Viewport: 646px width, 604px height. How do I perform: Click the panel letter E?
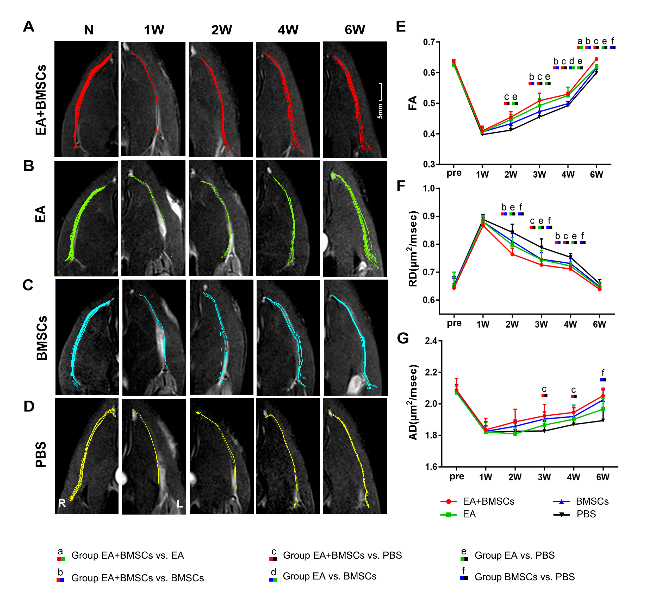coord(401,26)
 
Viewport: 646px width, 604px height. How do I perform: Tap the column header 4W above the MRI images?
coord(288,30)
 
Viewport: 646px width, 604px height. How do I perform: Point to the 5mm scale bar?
coord(381,92)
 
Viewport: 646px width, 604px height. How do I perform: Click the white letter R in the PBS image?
coord(62,503)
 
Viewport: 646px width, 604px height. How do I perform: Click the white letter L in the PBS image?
coord(179,504)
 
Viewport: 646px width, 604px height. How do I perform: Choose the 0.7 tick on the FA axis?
coord(429,42)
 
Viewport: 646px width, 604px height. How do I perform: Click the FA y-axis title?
coord(412,103)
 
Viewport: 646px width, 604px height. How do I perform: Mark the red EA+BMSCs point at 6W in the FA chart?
coord(596,59)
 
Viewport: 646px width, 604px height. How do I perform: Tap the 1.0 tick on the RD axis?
coord(429,188)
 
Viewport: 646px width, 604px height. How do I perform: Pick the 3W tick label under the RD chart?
coord(541,324)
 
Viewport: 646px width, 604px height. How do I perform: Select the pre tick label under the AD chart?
coord(457,476)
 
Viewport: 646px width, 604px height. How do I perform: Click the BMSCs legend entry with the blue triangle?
coord(592,501)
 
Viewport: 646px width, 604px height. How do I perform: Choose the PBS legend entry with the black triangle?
coord(586,514)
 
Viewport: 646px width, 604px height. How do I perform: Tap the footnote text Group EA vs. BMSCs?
coord(330,576)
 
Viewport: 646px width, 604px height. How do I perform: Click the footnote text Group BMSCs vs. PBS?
coord(524,577)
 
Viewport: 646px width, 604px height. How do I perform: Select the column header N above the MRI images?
coord(89,30)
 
